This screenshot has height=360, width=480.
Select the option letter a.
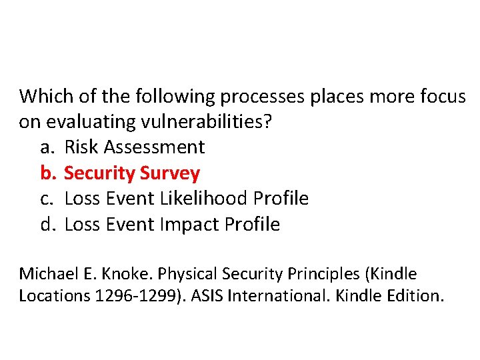(46, 147)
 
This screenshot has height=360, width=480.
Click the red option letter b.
(47, 173)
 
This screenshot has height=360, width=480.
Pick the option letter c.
(46, 199)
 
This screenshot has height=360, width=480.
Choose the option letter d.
(47, 224)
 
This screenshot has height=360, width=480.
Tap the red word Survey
(170, 173)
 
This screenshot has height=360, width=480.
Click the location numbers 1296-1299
(130, 295)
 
